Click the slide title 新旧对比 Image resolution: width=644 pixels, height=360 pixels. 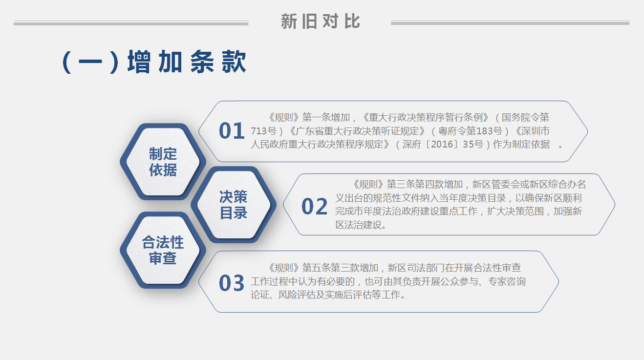tap(320, 21)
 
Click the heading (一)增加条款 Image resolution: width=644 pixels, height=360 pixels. tap(154, 62)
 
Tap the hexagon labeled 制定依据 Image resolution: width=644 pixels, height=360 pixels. tap(163, 162)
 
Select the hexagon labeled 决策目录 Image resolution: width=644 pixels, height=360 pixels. tap(234, 205)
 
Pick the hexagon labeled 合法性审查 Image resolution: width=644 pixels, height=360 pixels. tap(163, 250)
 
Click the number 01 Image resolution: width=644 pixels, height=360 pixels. tap(232, 131)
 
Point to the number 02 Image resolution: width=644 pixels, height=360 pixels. tap(315, 207)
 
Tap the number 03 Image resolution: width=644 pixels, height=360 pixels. tap(232, 283)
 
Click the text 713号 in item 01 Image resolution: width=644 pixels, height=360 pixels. tap(263, 131)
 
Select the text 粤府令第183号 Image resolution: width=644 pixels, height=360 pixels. tap(471, 131)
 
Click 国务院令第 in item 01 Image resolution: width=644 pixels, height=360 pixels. tap(525, 118)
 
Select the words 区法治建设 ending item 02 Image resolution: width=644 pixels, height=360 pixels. tap(359, 225)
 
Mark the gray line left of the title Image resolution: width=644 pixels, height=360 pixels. tap(131, 23)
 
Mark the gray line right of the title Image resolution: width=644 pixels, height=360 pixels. tap(510, 22)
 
